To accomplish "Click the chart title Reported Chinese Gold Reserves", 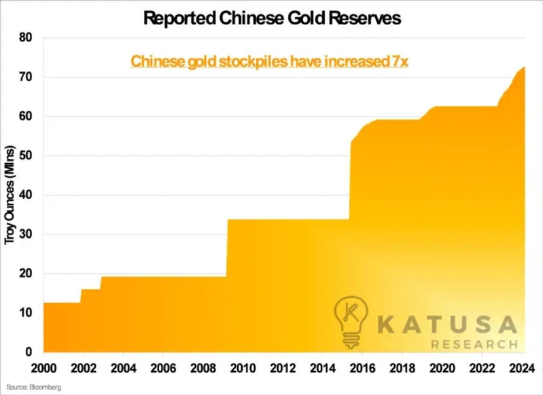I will tap(272, 18).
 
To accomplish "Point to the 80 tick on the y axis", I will tap(25, 37).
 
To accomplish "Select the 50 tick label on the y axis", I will tap(25, 156).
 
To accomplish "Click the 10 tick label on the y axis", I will tap(25, 313).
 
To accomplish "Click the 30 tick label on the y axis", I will tap(25, 235).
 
